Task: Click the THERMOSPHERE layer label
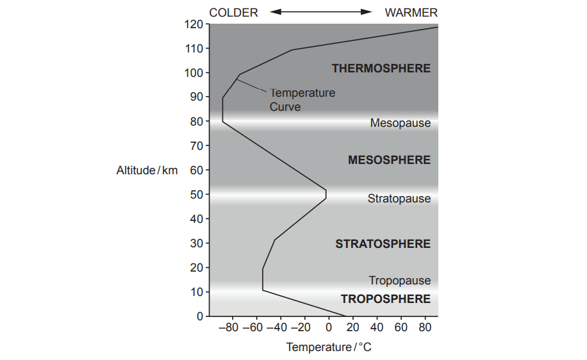pyautogui.click(x=381, y=69)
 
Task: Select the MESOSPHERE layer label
pyautogui.click(x=389, y=160)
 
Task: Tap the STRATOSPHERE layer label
pyautogui.click(x=383, y=244)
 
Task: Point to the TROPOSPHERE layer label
pyautogui.click(x=385, y=299)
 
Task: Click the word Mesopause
pyautogui.click(x=400, y=123)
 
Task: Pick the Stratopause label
pyautogui.click(x=399, y=199)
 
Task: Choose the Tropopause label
pyautogui.click(x=399, y=281)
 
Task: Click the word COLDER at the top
pyautogui.click(x=233, y=12)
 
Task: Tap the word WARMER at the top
pyautogui.click(x=411, y=12)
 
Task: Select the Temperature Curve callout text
pyautogui.click(x=302, y=100)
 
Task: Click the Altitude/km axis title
pyautogui.click(x=147, y=170)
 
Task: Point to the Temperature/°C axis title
pyautogui.click(x=328, y=347)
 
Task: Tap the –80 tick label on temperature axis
pyautogui.click(x=227, y=329)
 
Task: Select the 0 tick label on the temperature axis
pyautogui.click(x=328, y=329)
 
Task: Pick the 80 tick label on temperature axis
pyautogui.click(x=425, y=329)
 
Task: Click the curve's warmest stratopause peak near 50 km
pyautogui.click(x=326, y=194)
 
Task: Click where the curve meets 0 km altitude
pyautogui.click(x=345, y=316)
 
